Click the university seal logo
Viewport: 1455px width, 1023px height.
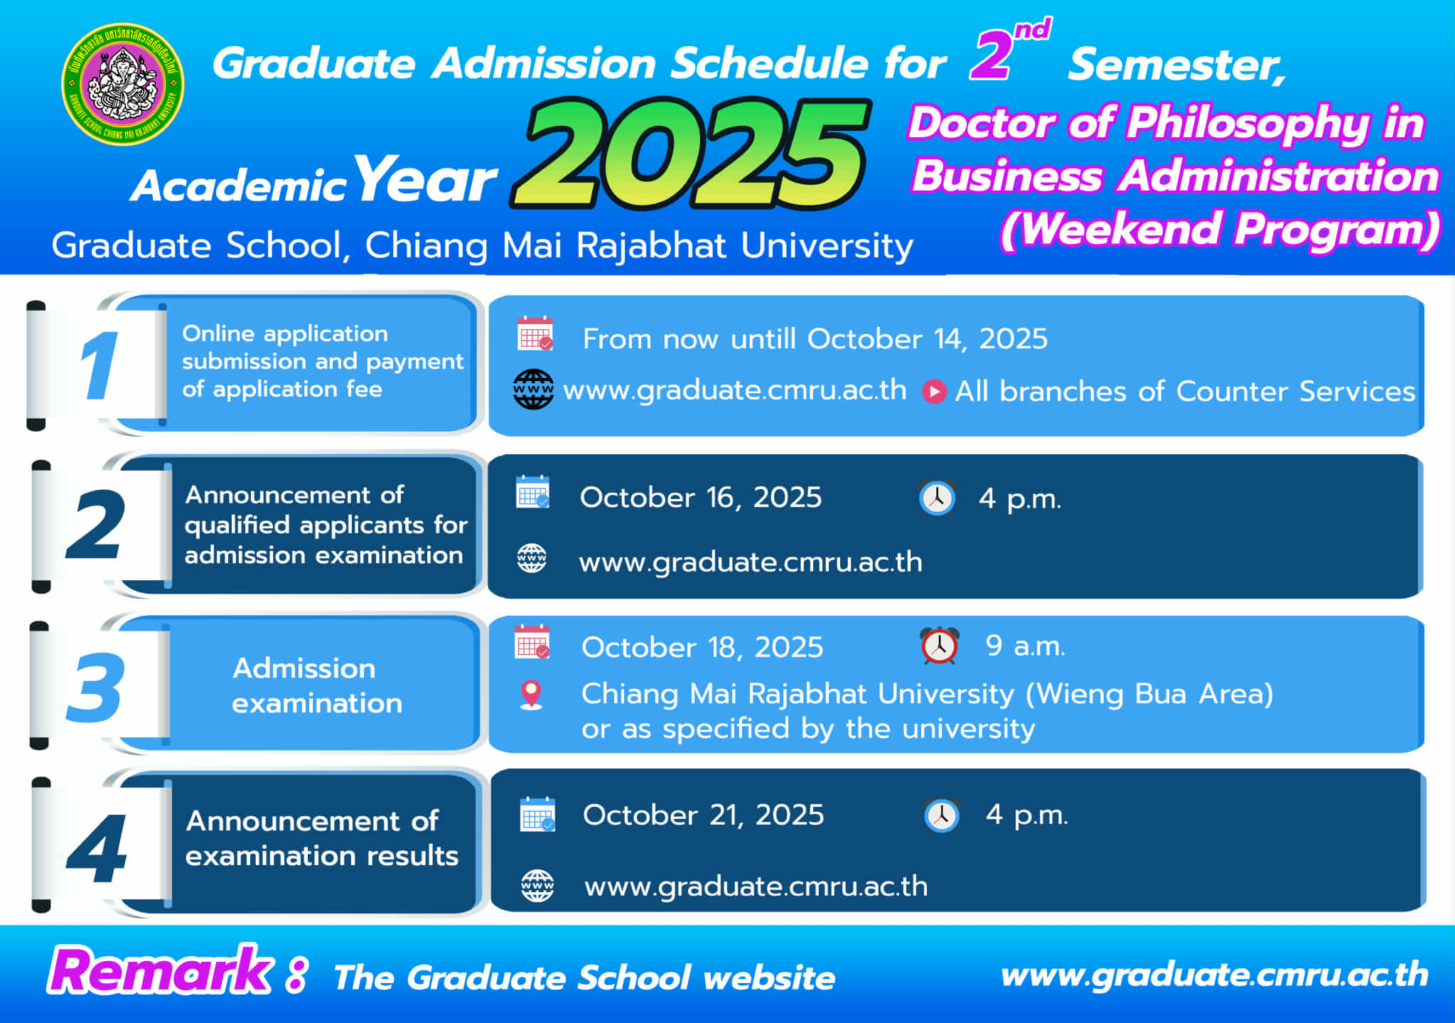click(x=123, y=84)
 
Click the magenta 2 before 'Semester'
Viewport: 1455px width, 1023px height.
click(x=992, y=55)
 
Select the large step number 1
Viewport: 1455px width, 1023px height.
click(x=99, y=365)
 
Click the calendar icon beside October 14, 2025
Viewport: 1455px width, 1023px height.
click(x=535, y=333)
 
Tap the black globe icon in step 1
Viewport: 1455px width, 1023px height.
click(x=533, y=390)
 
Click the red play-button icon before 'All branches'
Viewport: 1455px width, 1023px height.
click(x=934, y=392)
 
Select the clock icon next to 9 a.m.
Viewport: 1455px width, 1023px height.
click(x=940, y=646)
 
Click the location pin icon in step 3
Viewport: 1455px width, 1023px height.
click(x=532, y=695)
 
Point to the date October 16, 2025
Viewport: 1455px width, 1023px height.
click(x=701, y=498)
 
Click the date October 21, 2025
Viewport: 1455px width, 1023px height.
click(x=704, y=815)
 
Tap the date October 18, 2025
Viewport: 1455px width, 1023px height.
click(x=702, y=648)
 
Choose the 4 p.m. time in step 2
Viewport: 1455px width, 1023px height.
click(x=1020, y=498)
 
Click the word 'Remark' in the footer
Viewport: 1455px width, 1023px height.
click(x=160, y=971)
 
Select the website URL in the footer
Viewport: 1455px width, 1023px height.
click(x=1214, y=975)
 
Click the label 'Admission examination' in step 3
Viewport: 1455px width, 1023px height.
click(x=317, y=685)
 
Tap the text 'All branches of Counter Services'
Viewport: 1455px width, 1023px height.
click(x=1185, y=392)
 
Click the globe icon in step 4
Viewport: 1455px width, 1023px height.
click(x=537, y=886)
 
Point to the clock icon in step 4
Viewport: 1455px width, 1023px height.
click(x=942, y=815)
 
